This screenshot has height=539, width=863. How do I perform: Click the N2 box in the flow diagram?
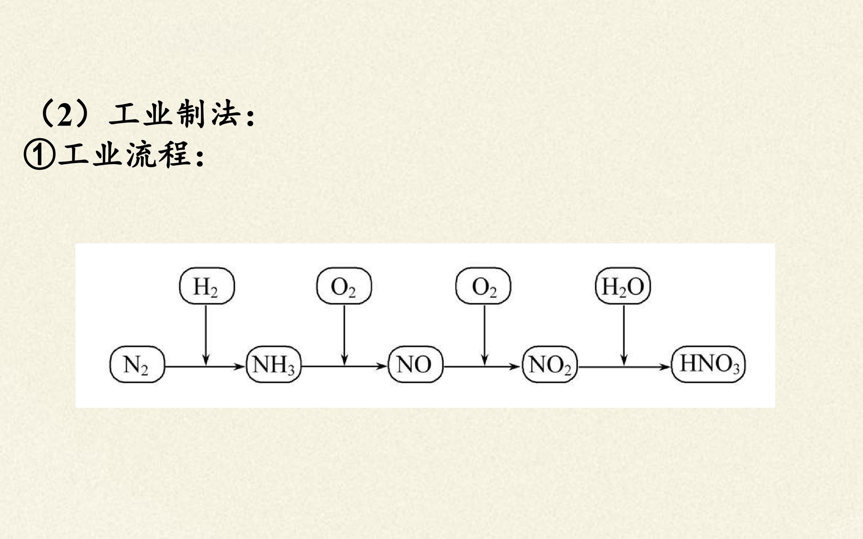tap(137, 364)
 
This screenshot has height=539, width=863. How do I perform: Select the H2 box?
tap(207, 286)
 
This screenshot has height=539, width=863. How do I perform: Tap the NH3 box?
tap(273, 364)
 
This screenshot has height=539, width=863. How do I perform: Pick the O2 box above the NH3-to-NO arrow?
tap(344, 286)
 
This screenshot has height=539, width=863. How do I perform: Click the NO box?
tap(415, 364)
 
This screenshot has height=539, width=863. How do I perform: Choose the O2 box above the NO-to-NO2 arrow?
tap(483, 286)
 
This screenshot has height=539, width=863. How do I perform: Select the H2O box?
tap(623, 286)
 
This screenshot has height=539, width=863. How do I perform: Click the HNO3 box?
tap(708, 364)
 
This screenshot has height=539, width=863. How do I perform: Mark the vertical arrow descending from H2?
tap(206, 335)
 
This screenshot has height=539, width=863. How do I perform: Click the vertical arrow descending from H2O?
tap(624, 335)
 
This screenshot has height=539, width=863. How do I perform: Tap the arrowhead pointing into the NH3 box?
tap(239, 366)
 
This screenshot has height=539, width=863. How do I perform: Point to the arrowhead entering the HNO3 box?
tap(665, 366)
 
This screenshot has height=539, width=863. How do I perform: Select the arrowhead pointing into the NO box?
tap(381, 366)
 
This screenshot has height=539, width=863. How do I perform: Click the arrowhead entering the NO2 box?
tap(515, 366)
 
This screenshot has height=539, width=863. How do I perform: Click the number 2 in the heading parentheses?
tap(64, 115)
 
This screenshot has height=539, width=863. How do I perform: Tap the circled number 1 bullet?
tap(40, 156)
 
